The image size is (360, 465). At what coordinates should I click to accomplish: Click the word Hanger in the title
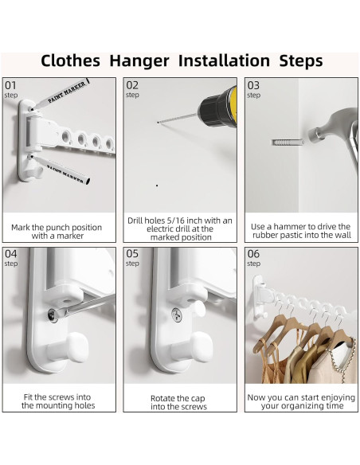139,61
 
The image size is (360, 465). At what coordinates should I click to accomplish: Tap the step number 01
10,85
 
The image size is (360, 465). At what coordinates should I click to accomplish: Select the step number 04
11,254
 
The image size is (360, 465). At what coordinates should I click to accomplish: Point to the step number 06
253,254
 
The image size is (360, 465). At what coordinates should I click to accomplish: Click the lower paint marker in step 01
61,170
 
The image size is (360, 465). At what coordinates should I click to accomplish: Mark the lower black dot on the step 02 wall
157,186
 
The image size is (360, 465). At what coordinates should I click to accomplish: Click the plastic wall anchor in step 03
287,143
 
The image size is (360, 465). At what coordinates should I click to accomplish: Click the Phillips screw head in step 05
177,315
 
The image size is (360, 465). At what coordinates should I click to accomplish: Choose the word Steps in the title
301,61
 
